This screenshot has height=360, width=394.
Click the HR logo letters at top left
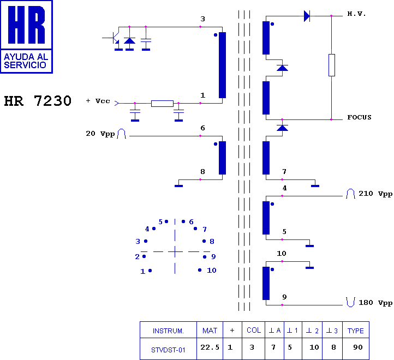[26, 25]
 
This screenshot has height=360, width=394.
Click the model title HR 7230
[38, 101]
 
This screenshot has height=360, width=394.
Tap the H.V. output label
[356, 14]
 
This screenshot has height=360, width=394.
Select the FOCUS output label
[359, 117]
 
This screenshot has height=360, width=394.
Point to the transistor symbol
[115, 38]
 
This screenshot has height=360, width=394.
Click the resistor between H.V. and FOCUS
[332, 65]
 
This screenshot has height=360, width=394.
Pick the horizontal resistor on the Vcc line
[162, 104]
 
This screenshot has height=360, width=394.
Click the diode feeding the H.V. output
[307, 16]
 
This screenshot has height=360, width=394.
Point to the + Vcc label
[98, 101]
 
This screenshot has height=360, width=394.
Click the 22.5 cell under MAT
[210, 347]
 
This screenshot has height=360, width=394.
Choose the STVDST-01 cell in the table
[168, 350]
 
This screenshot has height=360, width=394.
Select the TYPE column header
[356, 331]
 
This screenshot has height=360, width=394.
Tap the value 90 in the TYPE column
[358, 347]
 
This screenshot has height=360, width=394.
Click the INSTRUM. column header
[168, 331]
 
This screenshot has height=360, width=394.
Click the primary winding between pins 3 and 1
[223, 65]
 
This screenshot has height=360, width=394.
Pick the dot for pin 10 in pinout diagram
[200, 270]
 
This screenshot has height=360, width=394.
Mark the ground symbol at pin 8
[178, 186]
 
